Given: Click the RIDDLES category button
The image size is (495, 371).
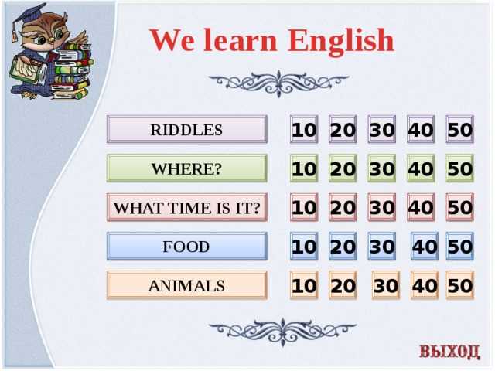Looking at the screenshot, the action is [187, 129].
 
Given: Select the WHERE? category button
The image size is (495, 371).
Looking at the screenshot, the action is [187, 168].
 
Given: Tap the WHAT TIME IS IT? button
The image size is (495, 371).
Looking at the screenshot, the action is [187, 207].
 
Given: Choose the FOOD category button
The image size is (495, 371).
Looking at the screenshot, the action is [187, 246].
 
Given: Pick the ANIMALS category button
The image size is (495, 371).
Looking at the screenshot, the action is [187, 285].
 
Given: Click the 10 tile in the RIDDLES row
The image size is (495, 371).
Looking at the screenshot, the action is [304, 129].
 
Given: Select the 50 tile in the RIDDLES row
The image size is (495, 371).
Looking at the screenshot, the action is [460, 129].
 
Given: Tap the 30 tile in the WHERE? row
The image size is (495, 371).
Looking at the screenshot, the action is [382, 168].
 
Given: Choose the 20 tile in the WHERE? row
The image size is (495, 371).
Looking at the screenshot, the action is [343, 168].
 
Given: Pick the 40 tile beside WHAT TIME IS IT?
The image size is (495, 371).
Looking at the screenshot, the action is [421, 207].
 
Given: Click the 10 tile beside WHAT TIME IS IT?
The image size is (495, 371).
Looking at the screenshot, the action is [304, 207].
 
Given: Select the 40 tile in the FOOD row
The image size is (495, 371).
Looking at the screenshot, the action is [425, 246].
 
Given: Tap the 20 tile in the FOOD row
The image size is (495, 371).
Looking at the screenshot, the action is [343, 246].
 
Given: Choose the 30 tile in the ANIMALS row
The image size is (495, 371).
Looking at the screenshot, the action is [386, 285].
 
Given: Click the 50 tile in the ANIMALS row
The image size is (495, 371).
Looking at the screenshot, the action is [460, 285].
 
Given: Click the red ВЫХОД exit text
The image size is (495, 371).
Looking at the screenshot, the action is [449, 351].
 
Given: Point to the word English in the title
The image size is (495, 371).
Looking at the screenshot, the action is [340, 41].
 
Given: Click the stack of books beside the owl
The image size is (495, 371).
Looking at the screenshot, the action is [72, 72].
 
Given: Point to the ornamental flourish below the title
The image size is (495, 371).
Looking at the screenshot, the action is [278, 83].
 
